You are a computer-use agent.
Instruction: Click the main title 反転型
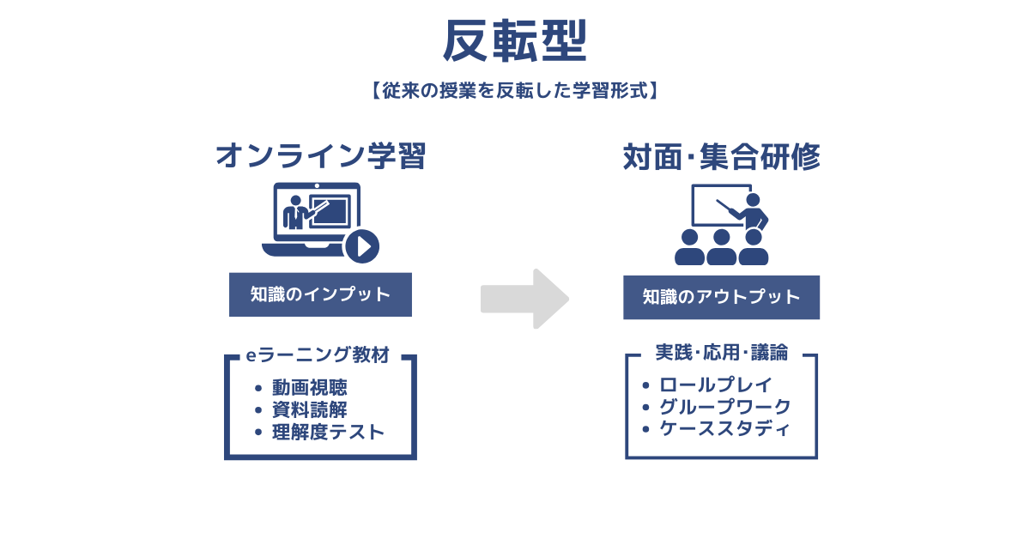515,41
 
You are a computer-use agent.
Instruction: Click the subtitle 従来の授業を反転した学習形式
515,89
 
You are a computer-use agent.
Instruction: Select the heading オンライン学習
320,156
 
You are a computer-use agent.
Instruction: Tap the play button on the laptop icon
362,246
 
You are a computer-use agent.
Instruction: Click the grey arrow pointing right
525,298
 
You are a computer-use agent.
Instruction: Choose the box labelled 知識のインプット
320,294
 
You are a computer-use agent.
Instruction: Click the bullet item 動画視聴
309,388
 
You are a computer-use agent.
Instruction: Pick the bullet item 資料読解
309,410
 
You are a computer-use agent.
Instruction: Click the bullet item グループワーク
725,407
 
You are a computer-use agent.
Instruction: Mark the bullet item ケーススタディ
725,429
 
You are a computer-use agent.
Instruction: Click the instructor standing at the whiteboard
754,210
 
